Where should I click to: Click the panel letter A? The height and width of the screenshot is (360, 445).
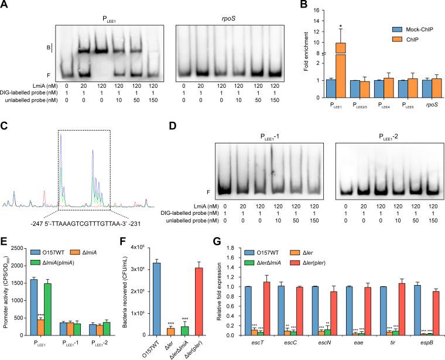[5, 5]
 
